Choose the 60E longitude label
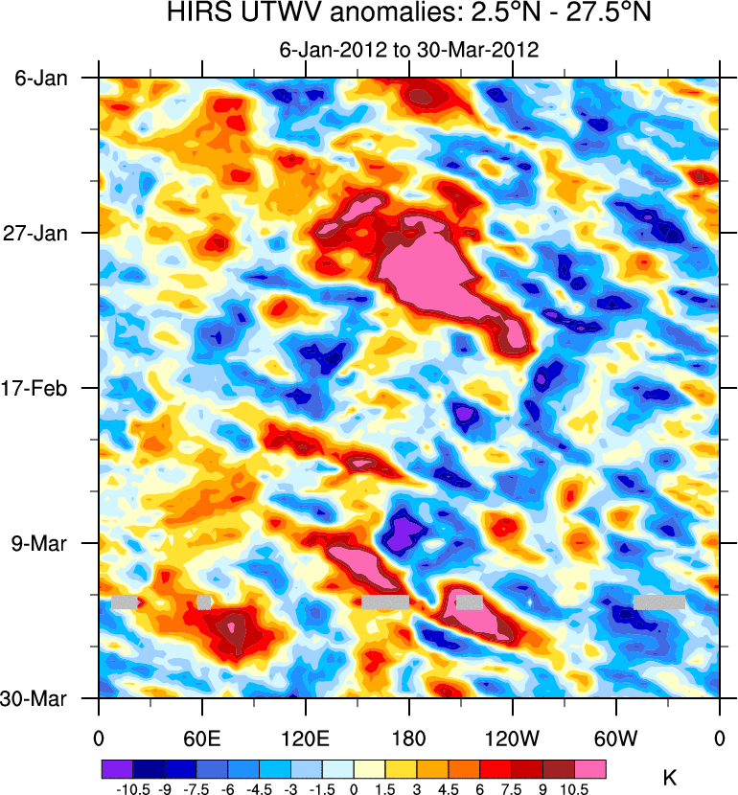pyautogui.click(x=201, y=738)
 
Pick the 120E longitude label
pyautogui.click(x=305, y=738)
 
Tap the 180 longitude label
pyautogui.click(x=409, y=738)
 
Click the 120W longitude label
pyautogui.click(x=512, y=738)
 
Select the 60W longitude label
pyautogui.click(x=615, y=738)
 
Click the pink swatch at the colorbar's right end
pyautogui.click(x=590, y=768)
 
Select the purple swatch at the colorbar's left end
pyautogui.click(x=116, y=768)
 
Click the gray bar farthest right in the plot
pyautogui.click(x=659, y=602)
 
